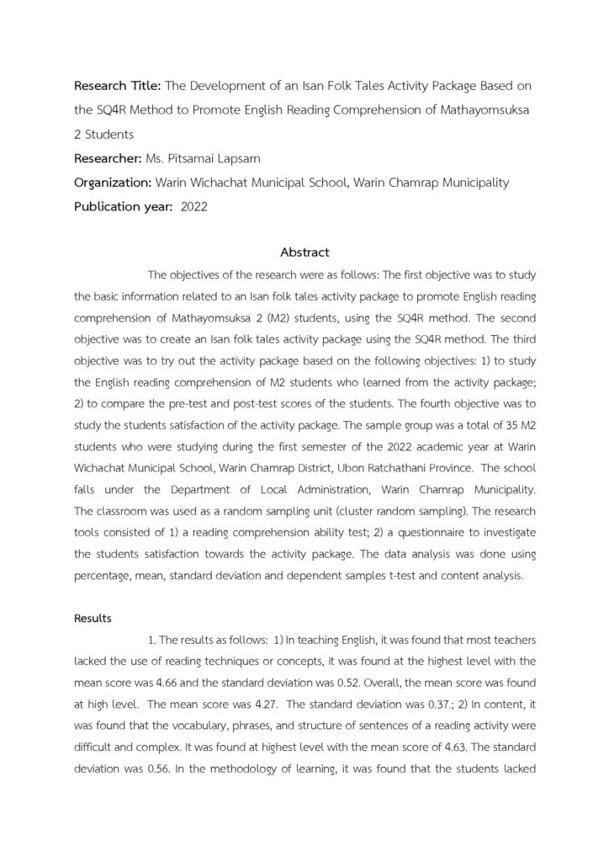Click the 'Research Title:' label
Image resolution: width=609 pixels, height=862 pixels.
[118, 86]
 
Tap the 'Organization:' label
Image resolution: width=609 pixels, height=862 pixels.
[113, 183]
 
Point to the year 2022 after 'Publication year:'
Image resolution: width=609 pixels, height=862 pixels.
[194, 207]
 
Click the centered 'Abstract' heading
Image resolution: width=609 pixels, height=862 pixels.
[304, 253]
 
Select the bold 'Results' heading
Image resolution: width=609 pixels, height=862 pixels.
[93, 619]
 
